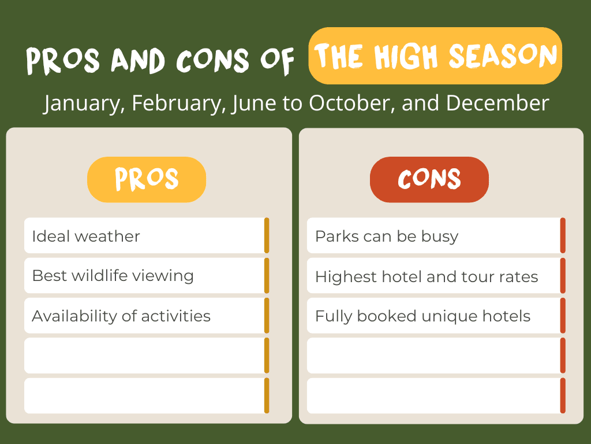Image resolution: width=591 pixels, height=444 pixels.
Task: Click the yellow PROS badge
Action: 147,179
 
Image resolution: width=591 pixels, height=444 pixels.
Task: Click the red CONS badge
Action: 429,179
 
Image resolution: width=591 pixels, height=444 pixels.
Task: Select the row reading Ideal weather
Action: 147,236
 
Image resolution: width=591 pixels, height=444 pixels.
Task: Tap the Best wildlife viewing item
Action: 147,276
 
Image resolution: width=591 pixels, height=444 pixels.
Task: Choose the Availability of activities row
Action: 147,316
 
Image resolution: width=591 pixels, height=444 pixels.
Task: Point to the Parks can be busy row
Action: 436,236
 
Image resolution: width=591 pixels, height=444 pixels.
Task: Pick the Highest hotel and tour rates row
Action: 436,276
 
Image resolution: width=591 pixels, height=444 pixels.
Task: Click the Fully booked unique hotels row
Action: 436,316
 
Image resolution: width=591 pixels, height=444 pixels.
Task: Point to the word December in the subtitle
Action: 498,103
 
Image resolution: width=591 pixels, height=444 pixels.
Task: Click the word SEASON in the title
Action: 503,56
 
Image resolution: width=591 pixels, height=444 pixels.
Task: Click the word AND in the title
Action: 138,60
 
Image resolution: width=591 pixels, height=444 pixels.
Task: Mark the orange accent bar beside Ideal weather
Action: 267,236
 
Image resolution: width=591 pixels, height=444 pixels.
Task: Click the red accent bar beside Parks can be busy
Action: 563,236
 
